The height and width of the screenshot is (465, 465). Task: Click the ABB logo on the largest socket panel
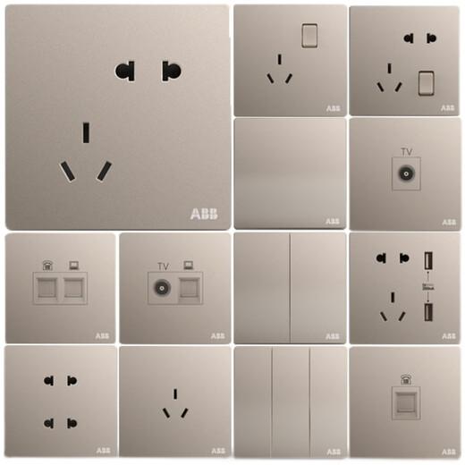tap(203, 214)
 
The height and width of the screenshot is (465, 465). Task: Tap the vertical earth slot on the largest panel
tap(86, 132)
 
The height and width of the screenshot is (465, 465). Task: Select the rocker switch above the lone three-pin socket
tap(310, 34)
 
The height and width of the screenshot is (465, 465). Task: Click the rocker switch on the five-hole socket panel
tap(426, 82)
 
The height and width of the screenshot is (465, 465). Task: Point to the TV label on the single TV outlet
tap(405, 153)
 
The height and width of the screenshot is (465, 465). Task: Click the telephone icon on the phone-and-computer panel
tap(48, 266)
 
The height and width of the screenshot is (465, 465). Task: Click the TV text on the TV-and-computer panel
tap(163, 266)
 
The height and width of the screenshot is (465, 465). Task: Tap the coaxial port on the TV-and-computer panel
tap(163, 288)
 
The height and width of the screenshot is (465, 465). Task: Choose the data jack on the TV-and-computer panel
tap(189, 288)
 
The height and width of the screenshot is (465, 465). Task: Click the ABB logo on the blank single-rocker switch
tap(332, 221)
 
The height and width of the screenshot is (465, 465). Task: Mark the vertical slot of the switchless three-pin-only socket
tap(175, 393)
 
